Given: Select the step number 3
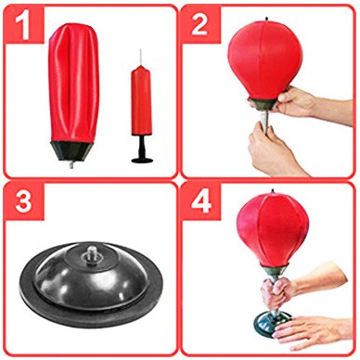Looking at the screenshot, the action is (x=23, y=200).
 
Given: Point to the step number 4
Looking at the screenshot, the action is (x=201, y=200).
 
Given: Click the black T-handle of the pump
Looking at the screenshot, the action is (x=142, y=149).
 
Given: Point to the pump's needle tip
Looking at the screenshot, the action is (x=140, y=49).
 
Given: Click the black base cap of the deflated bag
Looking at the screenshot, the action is (x=72, y=151).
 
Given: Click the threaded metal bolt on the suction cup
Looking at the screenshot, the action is (x=91, y=252).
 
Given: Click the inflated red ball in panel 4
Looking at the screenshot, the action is (x=273, y=229).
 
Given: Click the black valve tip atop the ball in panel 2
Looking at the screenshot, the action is (x=266, y=19).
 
